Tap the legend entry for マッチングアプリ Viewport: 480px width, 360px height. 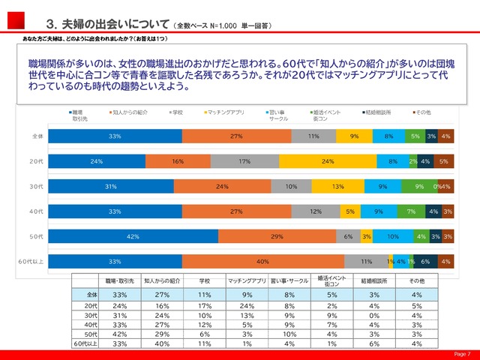(226, 112)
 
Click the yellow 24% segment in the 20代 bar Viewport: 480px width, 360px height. (327, 161)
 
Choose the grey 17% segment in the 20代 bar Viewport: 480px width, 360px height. (244, 161)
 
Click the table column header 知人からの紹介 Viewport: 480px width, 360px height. (162, 280)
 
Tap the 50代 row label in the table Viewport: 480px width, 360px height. (91, 334)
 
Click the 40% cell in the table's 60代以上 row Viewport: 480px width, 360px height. (162, 343)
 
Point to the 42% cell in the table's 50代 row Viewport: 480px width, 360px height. (118, 334)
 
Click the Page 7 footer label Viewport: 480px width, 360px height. (462, 354)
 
